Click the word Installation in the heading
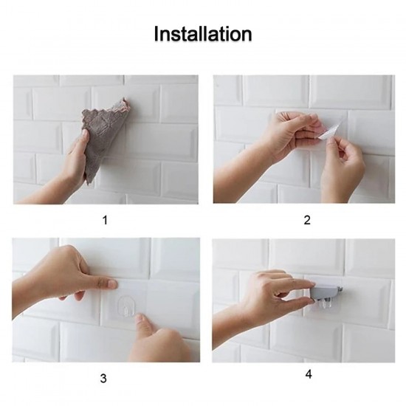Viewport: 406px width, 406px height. pyautogui.click(x=203, y=34)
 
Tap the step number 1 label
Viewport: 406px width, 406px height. pyautogui.click(x=104, y=219)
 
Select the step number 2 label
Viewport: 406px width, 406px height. pyautogui.click(x=307, y=219)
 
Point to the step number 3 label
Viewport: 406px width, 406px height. pyautogui.click(x=103, y=379)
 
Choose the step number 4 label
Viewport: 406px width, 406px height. pyautogui.click(x=308, y=374)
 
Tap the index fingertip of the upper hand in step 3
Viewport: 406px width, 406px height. pyautogui.click(x=111, y=283)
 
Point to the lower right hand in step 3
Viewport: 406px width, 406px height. pyautogui.click(x=159, y=340)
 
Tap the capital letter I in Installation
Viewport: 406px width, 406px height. pyautogui.click(x=156, y=34)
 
